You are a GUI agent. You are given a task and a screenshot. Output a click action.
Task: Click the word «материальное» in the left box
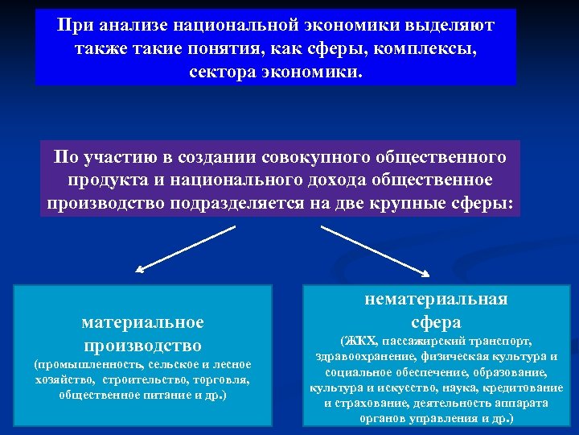pyautogui.click(x=142, y=322)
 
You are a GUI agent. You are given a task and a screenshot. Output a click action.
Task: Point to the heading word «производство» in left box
pyautogui.click(x=142, y=346)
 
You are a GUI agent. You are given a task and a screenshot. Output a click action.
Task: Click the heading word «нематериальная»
pyautogui.click(x=436, y=299)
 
